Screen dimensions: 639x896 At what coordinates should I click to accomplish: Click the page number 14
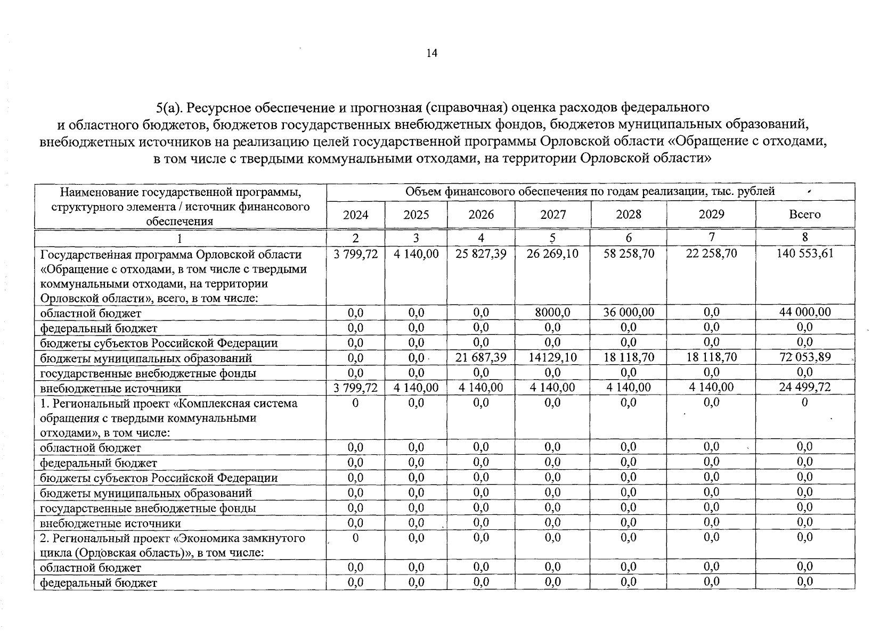pos(431,53)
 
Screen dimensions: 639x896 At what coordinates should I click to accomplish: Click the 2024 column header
pos(355,215)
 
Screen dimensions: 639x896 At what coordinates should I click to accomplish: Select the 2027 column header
pos(552,215)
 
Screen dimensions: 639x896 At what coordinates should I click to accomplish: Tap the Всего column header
pos(804,215)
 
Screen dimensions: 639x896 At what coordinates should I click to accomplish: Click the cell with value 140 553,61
pos(804,253)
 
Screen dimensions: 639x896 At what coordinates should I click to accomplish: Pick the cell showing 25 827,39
pos(480,253)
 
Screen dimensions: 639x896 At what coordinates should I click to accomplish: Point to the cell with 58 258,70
pos(628,253)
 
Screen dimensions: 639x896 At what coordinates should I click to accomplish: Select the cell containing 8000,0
pos(552,312)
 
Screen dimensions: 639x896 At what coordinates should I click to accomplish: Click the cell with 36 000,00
pos(628,312)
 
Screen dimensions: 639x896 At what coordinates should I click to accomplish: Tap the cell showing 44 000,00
pos(804,312)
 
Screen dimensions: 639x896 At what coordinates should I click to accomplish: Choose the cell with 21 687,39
pos(480,357)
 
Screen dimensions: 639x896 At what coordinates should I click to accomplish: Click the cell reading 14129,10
pos(552,357)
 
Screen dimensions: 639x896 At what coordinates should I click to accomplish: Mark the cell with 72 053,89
pos(804,357)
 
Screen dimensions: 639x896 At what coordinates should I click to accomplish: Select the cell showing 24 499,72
pos(804,388)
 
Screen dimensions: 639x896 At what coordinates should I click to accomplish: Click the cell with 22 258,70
pos(711,253)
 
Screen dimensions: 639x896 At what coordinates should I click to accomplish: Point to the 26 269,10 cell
pos(552,253)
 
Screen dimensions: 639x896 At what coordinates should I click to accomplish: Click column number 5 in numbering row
pos(552,237)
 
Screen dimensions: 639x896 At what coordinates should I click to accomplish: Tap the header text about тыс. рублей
pos(590,192)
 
